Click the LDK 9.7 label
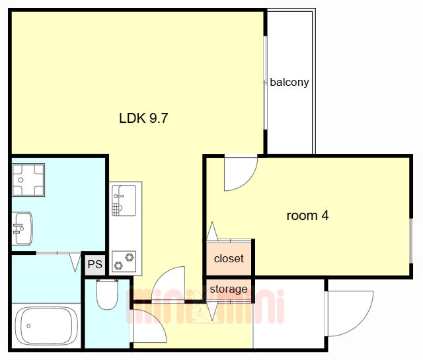(x=143, y=118)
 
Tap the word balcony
(x=289, y=83)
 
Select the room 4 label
(x=307, y=216)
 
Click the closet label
(x=229, y=259)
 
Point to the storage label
(x=229, y=289)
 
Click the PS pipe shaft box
(x=95, y=264)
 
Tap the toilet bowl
(x=107, y=295)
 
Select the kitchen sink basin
(x=124, y=200)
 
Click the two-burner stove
(x=124, y=262)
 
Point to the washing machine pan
(x=28, y=180)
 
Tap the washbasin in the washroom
(x=22, y=229)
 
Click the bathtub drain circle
(x=28, y=326)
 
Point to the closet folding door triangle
(x=212, y=231)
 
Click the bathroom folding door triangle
(x=75, y=262)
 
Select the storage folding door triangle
(x=212, y=311)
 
